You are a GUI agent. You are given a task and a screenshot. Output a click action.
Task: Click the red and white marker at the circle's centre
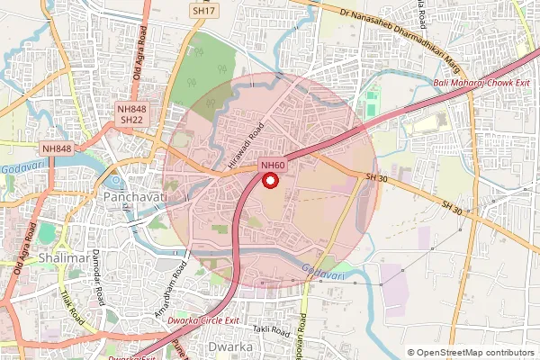tap(270, 180)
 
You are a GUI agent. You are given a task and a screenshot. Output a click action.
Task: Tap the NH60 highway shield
tap(273, 166)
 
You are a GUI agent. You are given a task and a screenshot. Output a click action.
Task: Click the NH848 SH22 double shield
tap(131, 114)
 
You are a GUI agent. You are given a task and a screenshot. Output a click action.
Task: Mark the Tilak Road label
tap(72, 306)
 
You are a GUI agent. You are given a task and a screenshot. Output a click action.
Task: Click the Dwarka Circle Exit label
tap(207, 320)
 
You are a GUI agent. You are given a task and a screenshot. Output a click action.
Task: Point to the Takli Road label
tap(267, 330)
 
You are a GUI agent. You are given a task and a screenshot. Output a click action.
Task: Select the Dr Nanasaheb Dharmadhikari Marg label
tap(415, 39)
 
